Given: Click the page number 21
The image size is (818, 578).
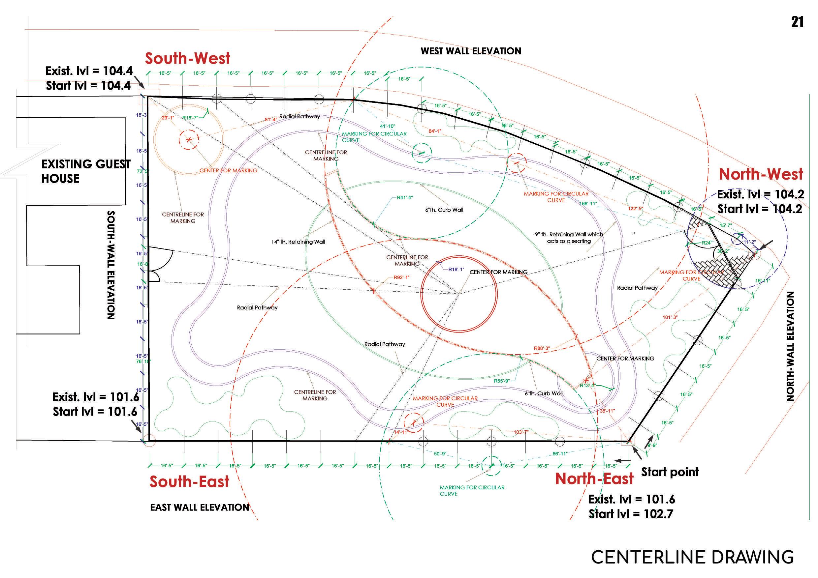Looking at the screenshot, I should (x=797, y=22).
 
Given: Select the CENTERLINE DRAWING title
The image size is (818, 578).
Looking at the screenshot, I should (x=692, y=557).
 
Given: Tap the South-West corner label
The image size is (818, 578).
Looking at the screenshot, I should (x=187, y=58).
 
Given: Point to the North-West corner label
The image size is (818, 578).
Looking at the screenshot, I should (x=761, y=174).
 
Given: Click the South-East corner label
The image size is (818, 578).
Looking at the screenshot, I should (x=189, y=481).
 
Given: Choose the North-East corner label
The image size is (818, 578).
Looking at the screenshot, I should (x=594, y=479).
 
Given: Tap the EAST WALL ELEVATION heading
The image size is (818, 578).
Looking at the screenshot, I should (x=200, y=507).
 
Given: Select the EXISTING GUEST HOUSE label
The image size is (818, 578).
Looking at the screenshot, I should (x=85, y=171).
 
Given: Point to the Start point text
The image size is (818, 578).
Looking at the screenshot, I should (x=670, y=472).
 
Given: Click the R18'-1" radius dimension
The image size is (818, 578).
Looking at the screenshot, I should (x=456, y=270).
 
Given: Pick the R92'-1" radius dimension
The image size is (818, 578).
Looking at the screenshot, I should (x=401, y=277).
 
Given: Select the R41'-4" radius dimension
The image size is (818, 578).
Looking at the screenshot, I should (x=405, y=197).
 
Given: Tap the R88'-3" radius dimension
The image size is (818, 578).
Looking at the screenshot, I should (x=542, y=348).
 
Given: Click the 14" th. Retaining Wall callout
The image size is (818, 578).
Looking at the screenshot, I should (x=298, y=242).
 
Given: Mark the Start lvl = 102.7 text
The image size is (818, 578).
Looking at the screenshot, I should (x=631, y=514).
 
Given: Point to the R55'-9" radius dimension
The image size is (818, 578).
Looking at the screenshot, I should (x=501, y=381).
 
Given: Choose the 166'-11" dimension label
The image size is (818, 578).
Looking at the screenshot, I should (x=588, y=204).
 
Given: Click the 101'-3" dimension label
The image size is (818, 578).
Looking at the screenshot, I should (x=670, y=317).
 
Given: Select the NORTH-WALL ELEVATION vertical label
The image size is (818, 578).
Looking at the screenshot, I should (x=790, y=346).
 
